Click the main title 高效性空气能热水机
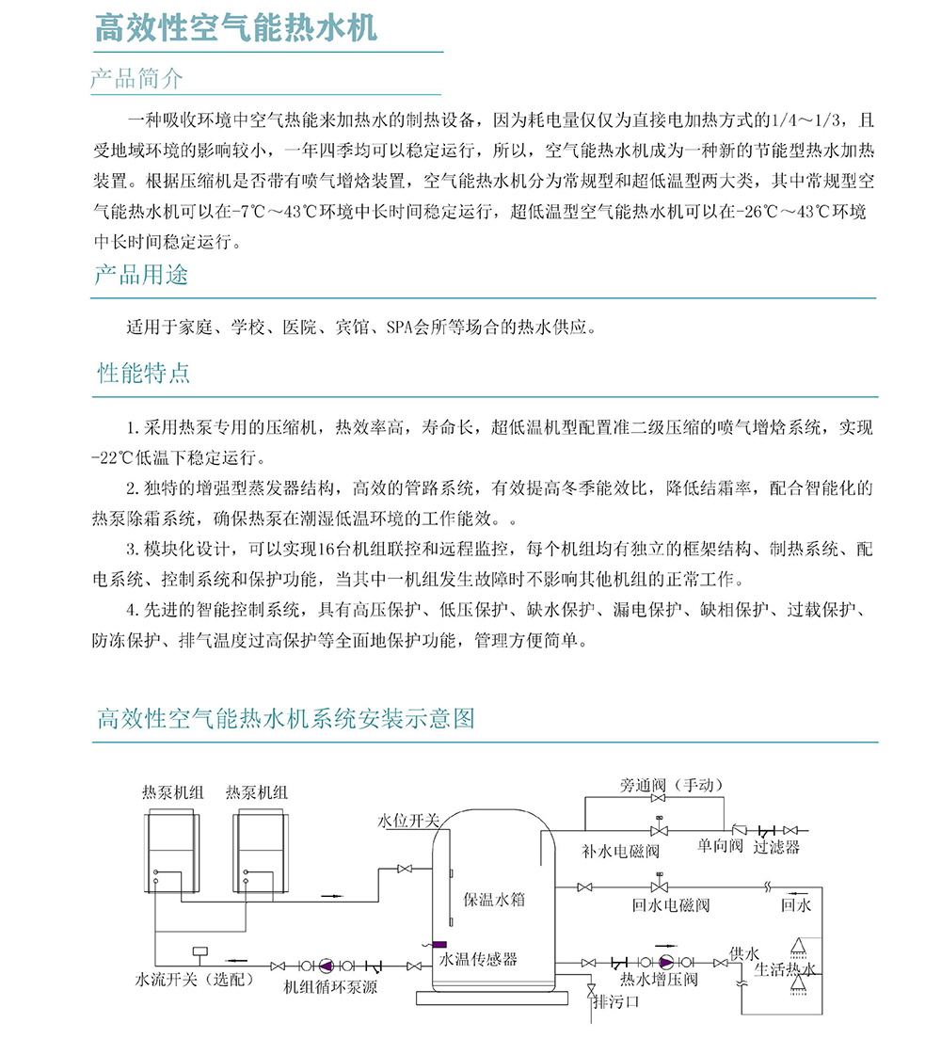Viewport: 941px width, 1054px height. point(235,28)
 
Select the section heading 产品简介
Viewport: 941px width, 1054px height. point(137,78)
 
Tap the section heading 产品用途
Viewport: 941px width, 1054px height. point(140,275)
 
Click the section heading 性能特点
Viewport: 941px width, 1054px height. point(143,373)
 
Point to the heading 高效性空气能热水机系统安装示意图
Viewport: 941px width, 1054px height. point(286,720)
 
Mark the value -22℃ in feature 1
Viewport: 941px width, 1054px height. point(114,458)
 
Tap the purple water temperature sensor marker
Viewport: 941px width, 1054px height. point(439,944)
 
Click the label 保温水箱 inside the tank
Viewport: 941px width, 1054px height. point(494,899)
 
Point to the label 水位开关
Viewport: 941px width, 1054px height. point(408,821)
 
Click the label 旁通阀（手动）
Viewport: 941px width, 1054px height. point(672,785)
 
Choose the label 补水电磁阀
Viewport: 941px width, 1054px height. point(620,851)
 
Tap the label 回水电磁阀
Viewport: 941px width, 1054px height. point(670,905)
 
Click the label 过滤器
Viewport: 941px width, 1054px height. point(776,847)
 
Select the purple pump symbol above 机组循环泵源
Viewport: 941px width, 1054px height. point(326,966)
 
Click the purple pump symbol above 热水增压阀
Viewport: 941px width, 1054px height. point(665,962)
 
